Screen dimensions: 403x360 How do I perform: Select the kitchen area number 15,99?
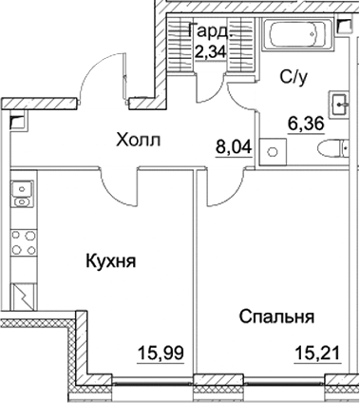coord(161,354)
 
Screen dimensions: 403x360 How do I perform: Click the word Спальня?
coord(276,317)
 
